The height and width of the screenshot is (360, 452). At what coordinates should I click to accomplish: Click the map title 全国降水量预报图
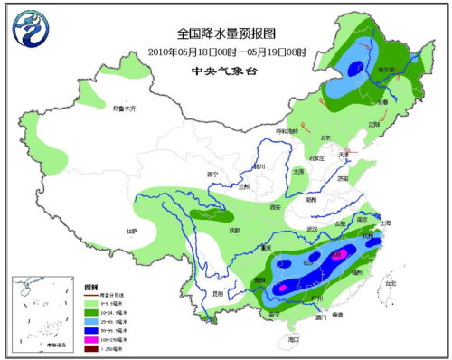click(224, 33)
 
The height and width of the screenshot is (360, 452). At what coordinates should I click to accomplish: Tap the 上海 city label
click(386, 223)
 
